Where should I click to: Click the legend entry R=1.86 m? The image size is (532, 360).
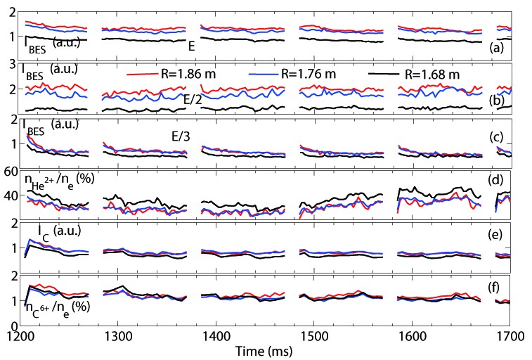tap(171, 74)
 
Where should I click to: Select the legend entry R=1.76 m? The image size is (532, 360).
tap(292, 74)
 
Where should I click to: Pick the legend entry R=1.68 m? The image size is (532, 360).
tap(414, 74)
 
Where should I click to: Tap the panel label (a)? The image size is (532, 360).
tap(496, 48)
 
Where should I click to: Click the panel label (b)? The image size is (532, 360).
tap(496, 101)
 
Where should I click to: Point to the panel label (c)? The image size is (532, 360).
tap(496, 136)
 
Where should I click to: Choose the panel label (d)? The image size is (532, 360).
tap(495, 180)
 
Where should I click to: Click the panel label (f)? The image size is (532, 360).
tap(493, 288)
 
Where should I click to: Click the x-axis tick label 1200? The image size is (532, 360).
tap(19, 337)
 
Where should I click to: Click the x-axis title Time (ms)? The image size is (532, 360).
tap(264, 351)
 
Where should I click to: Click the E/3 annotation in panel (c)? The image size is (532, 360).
tap(181, 136)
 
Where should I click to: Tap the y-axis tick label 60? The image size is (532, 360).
tap(11, 172)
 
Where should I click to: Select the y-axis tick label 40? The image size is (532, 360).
tap(11, 196)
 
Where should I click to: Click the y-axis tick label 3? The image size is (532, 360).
tap(13, 65)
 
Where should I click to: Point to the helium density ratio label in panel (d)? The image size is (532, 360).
tap(59, 181)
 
